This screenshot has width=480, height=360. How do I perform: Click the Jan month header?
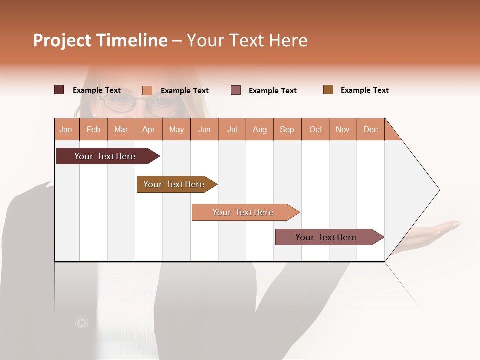pyautogui.click(x=66, y=129)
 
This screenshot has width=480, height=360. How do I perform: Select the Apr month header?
pyautogui.click(x=149, y=129)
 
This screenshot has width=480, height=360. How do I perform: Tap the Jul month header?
pyautogui.click(x=232, y=129)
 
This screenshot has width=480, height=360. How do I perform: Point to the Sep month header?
pyautogui.click(x=287, y=129)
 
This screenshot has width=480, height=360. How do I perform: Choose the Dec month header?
pyautogui.click(x=370, y=129)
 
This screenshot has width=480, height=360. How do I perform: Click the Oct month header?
pyautogui.click(x=315, y=129)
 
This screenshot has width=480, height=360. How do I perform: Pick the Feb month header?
pyautogui.click(x=93, y=129)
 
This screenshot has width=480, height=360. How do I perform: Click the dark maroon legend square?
pyautogui.click(x=59, y=90)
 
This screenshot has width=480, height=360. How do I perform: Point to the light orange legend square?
pyautogui.click(x=147, y=90)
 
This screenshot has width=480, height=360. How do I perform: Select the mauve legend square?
pyautogui.click(x=236, y=90)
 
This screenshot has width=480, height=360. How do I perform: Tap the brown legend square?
pyautogui.click(x=328, y=90)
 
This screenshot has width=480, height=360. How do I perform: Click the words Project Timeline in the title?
pyautogui.click(x=100, y=40)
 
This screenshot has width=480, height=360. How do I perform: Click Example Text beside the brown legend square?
pyautogui.click(x=364, y=90)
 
